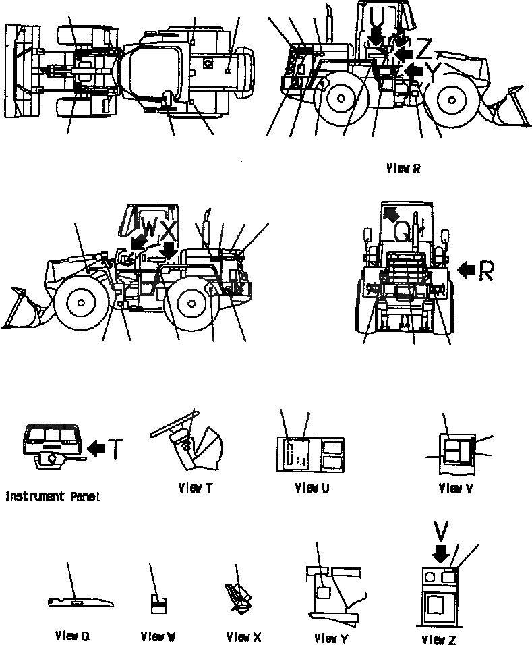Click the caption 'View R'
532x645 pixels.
[403, 169]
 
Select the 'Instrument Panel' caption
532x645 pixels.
[53, 497]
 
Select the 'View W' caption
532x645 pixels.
[158, 636]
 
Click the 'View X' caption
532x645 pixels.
[243, 636]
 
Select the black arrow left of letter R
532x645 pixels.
[466, 271]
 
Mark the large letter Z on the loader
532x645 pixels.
[424, 49]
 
